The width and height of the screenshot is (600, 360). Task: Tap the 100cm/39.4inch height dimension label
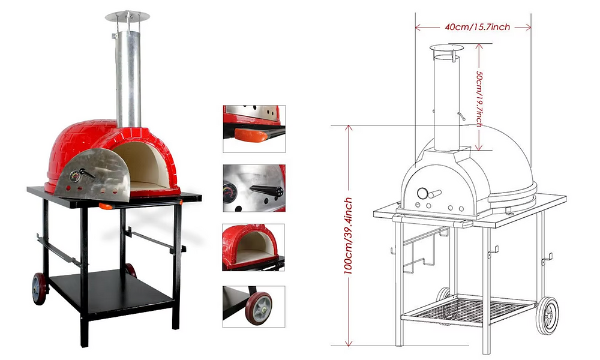coord(348,236)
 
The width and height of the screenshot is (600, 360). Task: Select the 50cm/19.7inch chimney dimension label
coord(479,99)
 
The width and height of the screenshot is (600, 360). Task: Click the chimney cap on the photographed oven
coord(127,16)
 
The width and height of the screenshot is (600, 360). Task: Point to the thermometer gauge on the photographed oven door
coord(75,176)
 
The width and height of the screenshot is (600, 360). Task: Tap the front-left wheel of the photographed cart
coord(39,289)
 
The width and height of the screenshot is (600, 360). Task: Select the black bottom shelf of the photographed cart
coord(111,289)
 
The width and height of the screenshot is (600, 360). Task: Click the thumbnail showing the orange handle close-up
coord(254,129)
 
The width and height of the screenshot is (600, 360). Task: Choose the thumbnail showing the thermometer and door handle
coord(254,188)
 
